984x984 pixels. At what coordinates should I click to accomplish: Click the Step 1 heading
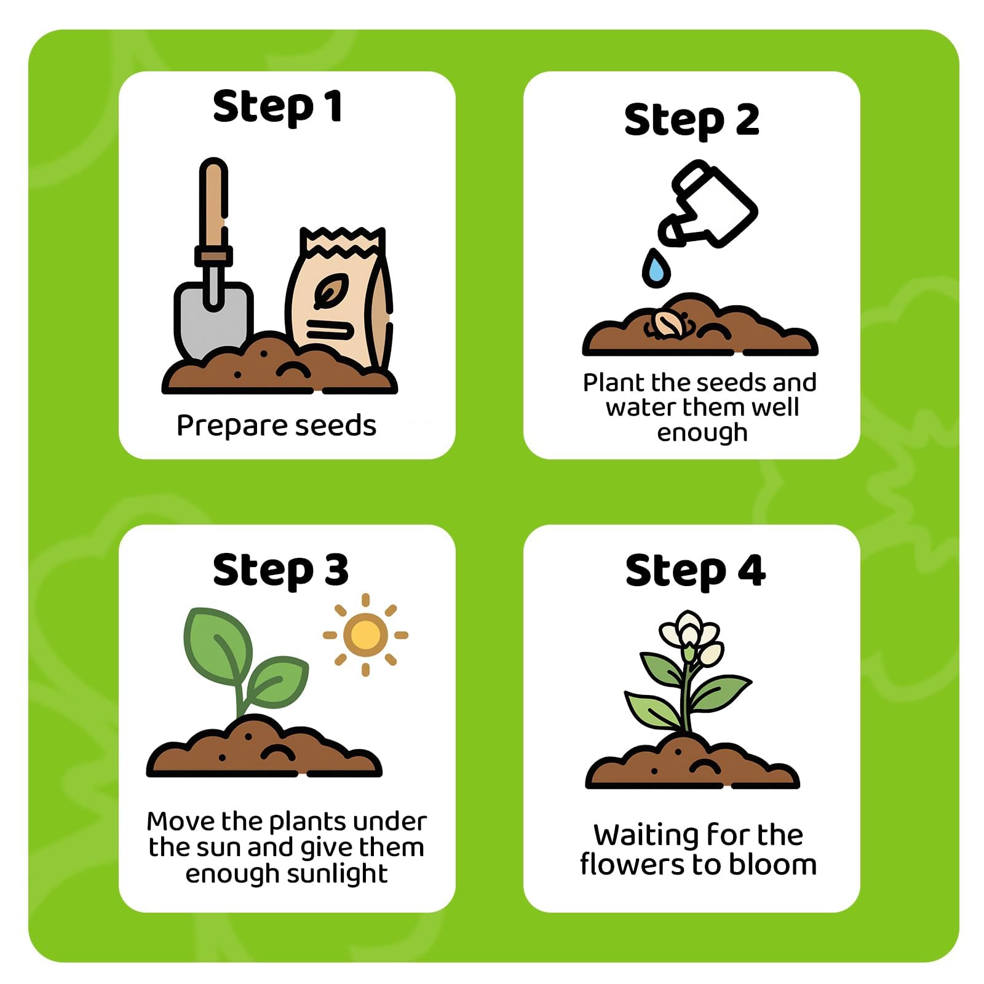pyautogui.click(x=277, y=108)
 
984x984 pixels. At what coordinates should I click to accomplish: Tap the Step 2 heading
pyautogui.click(x=692, y=121)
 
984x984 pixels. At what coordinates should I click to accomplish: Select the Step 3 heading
pyautogui.click(x=280, y=571)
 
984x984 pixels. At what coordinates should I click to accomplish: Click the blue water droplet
pyautogui.click(x=656, y=268)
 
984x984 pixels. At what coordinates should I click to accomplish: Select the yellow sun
pyautogui.click(x=365, y=635)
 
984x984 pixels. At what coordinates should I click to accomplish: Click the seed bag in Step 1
pyautogui.click(x=340, y=298)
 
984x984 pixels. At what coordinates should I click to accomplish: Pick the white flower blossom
pyautogui.click(x=691, y=637)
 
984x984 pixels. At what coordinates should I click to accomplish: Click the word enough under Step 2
pyautogui.click(x=702, y=433)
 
